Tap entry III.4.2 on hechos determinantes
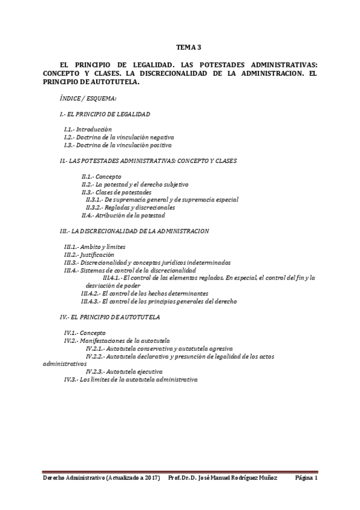145,293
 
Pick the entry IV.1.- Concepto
85,332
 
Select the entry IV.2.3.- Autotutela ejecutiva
124,372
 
